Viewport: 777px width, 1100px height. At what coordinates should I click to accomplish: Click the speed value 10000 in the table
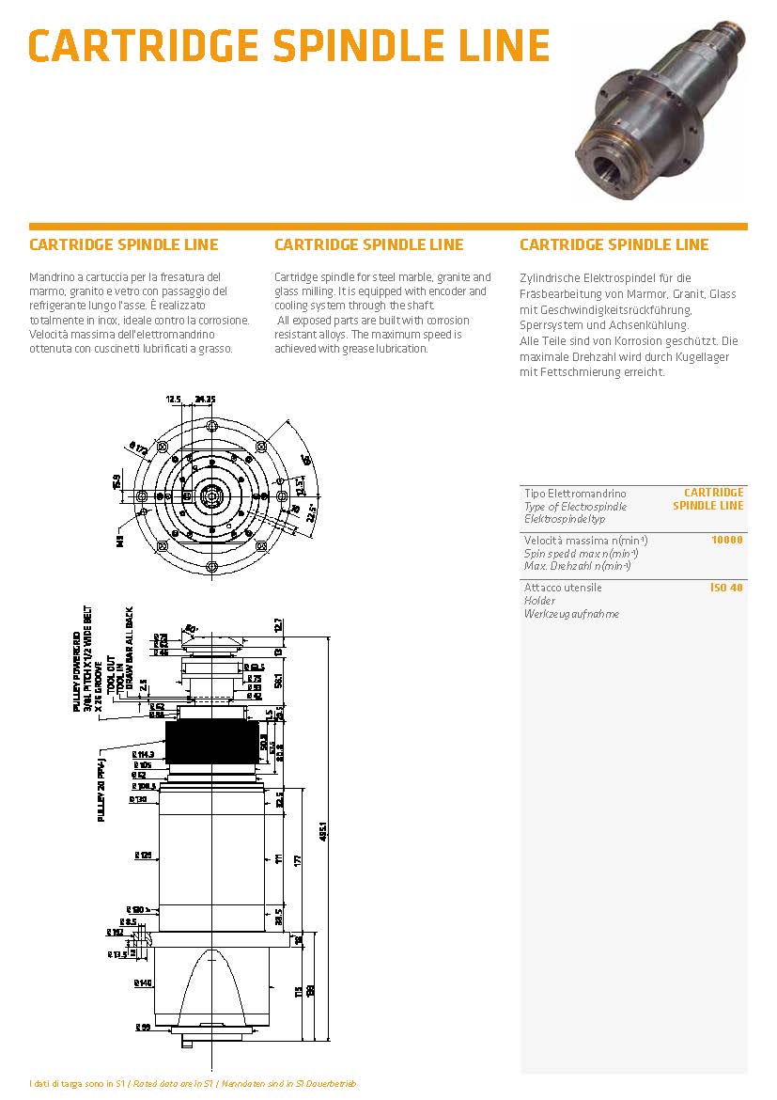[x=727, y=540]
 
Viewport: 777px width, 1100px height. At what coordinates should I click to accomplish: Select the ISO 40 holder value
[x=726, y=588]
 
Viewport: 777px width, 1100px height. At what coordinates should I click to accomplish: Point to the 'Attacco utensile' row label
[x=563, y=588]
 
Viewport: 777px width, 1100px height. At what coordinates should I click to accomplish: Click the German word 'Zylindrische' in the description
[x=552, y=278]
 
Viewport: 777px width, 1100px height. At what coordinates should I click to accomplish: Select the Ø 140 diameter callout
[x=143, y=983]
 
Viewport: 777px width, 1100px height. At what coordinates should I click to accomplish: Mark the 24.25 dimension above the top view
[x=205, y=399]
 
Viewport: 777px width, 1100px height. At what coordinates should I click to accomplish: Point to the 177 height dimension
[x=298, y=859]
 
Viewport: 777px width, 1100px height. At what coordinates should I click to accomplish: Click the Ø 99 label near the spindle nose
[x=143, y=1026]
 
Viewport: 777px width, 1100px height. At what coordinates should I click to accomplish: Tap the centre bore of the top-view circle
[x=211, y=495]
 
